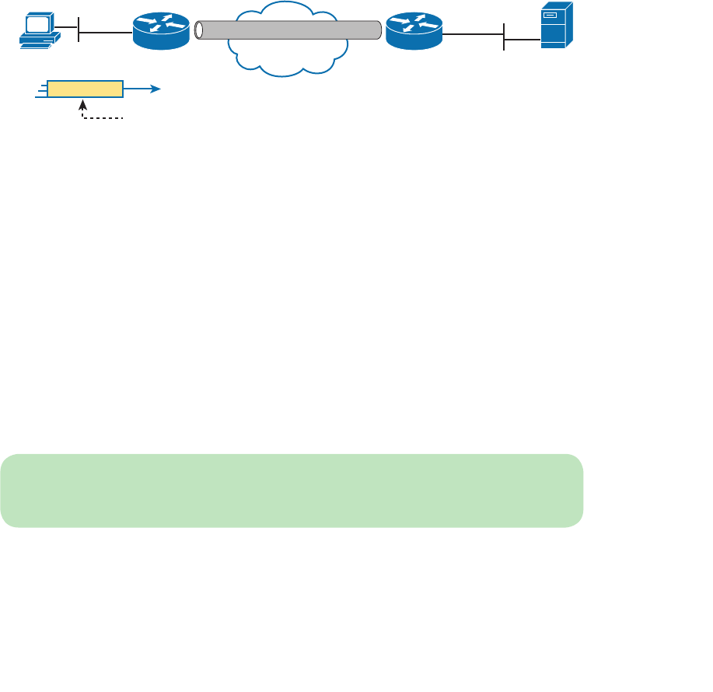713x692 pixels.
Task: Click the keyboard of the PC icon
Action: (x=37, y=44)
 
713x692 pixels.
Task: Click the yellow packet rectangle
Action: (x=85, y=89)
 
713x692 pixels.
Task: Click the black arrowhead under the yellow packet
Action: (x=82, y=103)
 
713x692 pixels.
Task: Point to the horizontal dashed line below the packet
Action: (x=104, y=119)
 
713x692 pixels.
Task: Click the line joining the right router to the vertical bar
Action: (x=473, y=33)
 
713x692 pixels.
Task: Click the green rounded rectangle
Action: (x=292, y=491)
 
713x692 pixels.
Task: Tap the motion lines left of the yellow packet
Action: (x=40, y=89)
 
